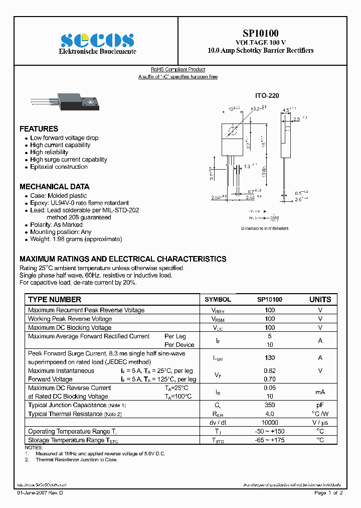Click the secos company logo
(97, 40)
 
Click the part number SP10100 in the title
(261, 34)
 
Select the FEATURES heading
(39, 129)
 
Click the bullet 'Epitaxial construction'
(59, 167)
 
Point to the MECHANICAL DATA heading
(54, 186)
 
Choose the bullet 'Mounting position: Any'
(61, 232)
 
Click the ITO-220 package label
(267, 96)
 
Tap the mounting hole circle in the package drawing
(233, 132)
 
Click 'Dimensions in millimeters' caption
(265, 228)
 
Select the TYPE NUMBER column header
(55, 299)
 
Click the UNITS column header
(320, 299)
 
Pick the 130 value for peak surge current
(270, 358)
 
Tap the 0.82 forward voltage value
(270, 370)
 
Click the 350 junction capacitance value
(270, 405)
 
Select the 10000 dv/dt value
(270, 423)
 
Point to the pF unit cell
(320, 405)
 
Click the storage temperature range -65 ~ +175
(270, 440)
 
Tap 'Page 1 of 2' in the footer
(328, 493)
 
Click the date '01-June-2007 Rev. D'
(41, 493)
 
